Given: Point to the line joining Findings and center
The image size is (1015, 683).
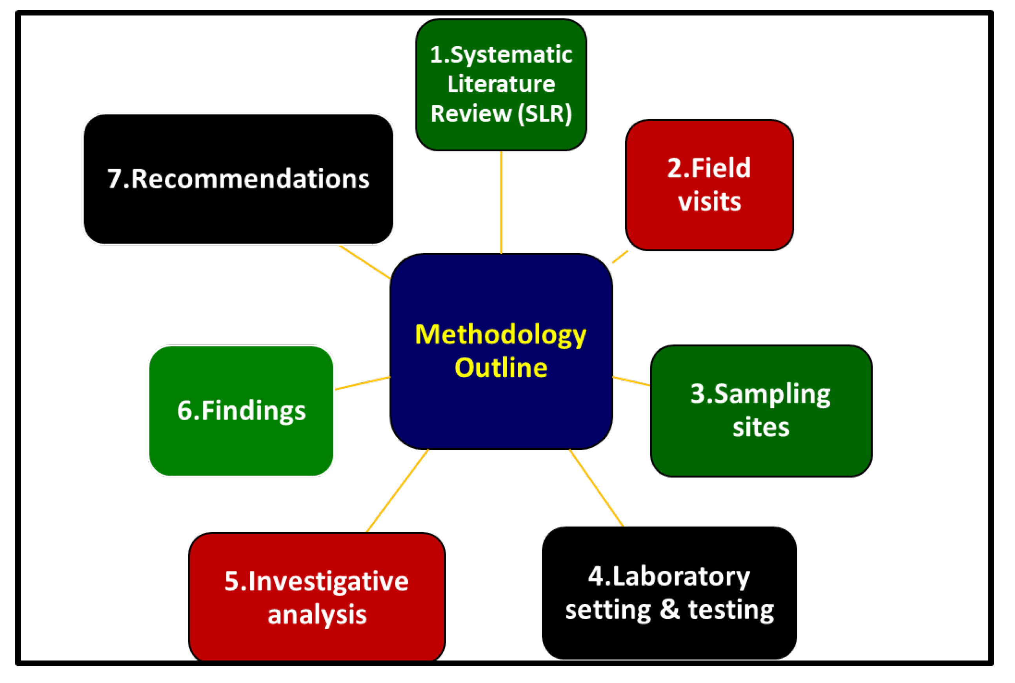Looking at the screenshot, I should pyautogui.click(x=362, y=383).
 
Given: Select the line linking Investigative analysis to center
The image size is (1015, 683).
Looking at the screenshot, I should pyautogui.click(x=397, y=490).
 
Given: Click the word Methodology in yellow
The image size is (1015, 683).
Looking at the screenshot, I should pyautogui.click(x=500, y=335).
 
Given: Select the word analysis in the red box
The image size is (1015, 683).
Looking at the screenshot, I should pyautogui.click(x=317, y=615).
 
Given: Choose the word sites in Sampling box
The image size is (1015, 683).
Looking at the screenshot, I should pyautogui.click(x=760, y=427).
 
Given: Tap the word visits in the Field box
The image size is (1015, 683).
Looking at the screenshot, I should pyautogui.click(x=709, y=201).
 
